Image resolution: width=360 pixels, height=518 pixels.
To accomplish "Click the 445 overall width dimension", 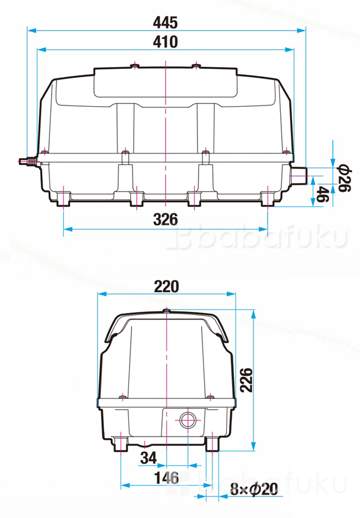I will point(165,22).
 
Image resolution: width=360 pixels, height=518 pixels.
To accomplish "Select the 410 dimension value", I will point(165,42).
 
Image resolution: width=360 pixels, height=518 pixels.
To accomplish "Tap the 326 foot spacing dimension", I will point(165,219).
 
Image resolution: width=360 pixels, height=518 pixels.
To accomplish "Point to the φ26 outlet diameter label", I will point(343,177).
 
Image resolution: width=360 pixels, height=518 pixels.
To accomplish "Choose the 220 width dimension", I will point(166,286).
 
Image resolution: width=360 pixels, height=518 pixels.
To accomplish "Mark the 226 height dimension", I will point(245,379).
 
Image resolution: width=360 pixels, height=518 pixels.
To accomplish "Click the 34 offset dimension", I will point(148,458).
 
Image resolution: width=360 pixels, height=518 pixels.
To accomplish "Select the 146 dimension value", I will point(166,478).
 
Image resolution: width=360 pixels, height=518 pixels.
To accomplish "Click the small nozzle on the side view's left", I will point(28,161).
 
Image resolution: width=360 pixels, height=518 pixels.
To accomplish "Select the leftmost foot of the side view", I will point(64,199).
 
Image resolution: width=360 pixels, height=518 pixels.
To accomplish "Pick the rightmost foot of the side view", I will point(268,199).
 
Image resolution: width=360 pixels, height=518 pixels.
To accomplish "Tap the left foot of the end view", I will point(121,444).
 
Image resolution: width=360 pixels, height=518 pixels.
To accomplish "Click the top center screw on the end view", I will point(166,311).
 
